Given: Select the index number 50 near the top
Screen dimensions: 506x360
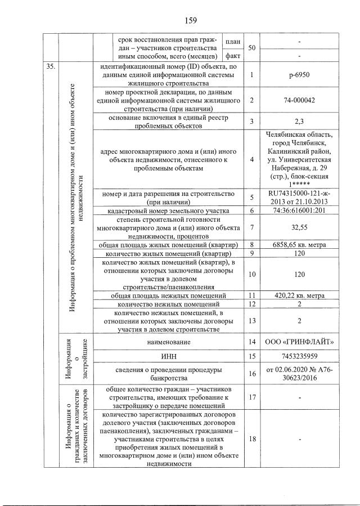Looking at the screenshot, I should click(251, 48).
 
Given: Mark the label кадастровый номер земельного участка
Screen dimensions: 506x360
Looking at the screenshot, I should click(169, 211).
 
